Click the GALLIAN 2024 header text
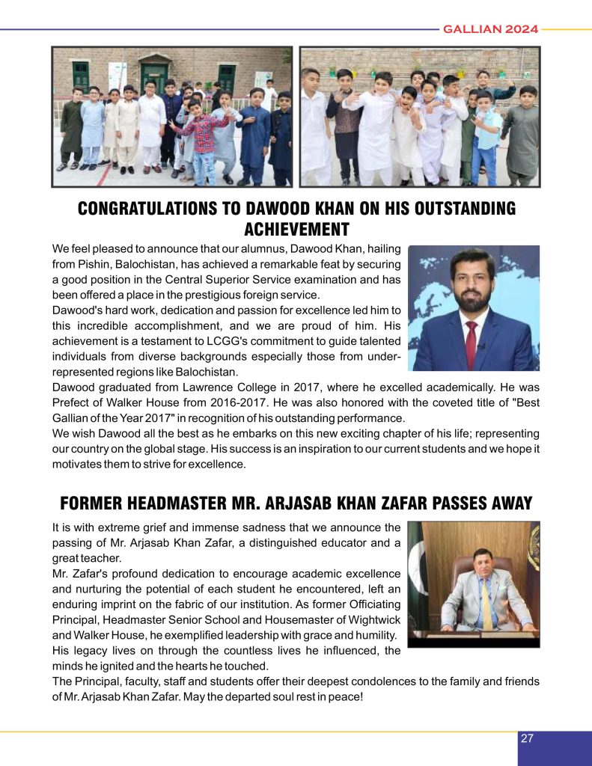pyautogui.click(x=490, y=29)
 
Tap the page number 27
pyautogui.click(x=527, y=738)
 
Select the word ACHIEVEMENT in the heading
pyautogui.click(x=296, y=228)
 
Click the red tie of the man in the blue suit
pyautogui.click(x=471, y=343)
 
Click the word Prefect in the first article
pyautogui.click(x=70, y=403)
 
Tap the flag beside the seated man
pyautogui.click(x=416, y=569)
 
